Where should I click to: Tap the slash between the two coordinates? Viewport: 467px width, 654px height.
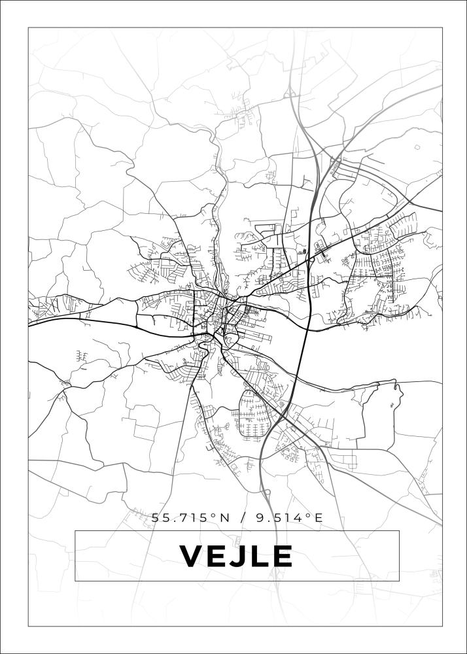[243, 518]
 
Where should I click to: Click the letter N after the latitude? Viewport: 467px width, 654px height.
[224, 518]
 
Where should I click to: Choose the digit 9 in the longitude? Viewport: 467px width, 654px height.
[261, 518]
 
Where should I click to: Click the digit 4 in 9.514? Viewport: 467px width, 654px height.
[298, 518]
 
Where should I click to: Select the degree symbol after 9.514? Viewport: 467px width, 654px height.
[308, 515]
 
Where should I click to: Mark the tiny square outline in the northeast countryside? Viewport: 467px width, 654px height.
[417, 148]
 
